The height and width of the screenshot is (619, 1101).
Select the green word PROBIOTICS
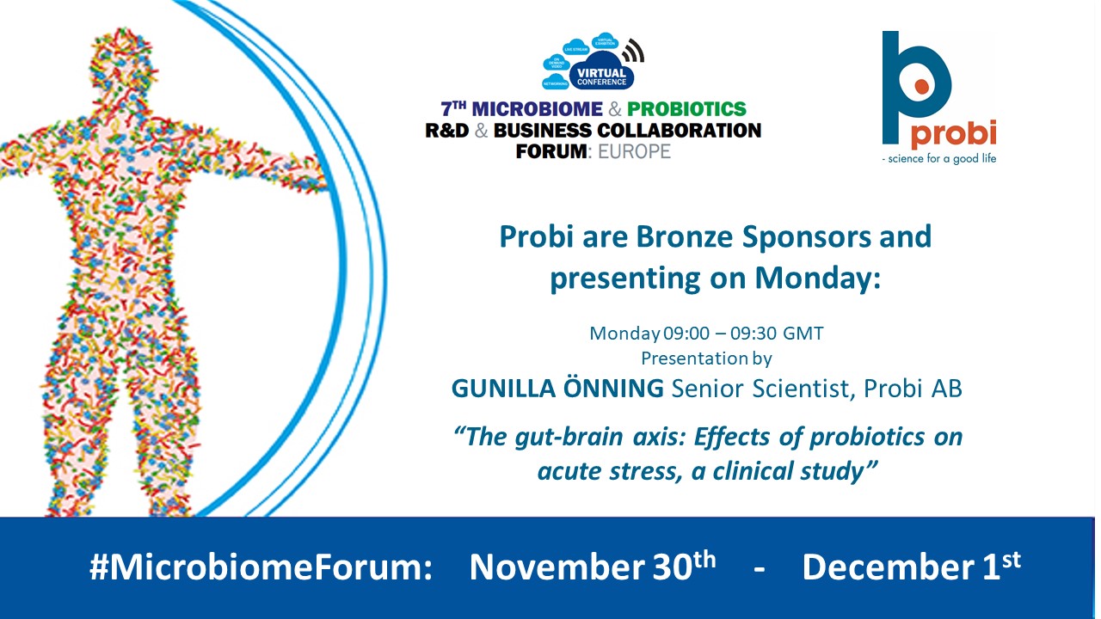point(686,109)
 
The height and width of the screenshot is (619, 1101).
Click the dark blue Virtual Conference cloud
point(601,77)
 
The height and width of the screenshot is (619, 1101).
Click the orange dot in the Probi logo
point(922,86)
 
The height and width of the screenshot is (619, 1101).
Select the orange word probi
point(953,133)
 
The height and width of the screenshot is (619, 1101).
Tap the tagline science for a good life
point(939,158)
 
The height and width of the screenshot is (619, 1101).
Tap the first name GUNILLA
point(506,389)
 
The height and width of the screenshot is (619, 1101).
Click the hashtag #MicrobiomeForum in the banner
point(261,568)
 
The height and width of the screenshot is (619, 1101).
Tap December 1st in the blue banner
point(911,567)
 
